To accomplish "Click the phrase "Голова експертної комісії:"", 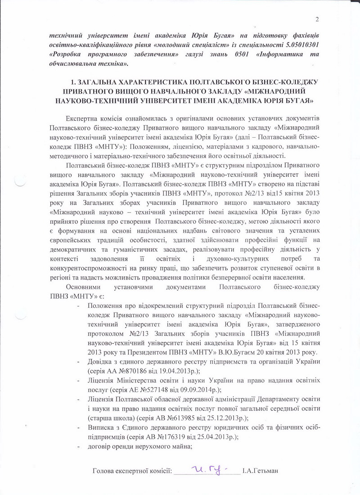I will coord(132,471).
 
